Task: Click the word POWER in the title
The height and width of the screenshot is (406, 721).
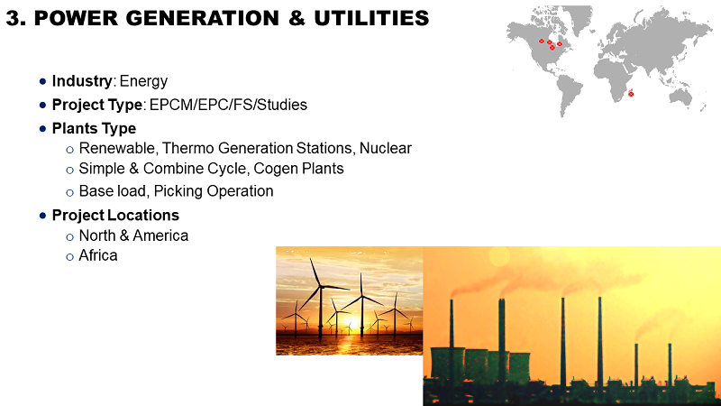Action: coord(75,18)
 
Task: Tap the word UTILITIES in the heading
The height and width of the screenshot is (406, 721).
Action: coord(371,18)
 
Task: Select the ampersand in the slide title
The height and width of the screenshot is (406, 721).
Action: coord(297,18)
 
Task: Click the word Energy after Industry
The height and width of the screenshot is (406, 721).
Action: coord(143,81)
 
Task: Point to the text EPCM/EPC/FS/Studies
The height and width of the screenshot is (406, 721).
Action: coord(229,105)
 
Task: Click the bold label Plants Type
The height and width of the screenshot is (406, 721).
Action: coord(94,128)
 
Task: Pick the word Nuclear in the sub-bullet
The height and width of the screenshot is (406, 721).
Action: coord(386,148)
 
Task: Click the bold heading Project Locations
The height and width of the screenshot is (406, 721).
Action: coord(115,216)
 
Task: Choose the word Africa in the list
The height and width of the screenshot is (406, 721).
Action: coord(98,255)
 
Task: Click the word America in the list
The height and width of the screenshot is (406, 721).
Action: coord(160,235)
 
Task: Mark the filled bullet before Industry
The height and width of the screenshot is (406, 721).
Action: coord(42,81)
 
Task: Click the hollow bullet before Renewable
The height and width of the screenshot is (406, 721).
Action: coord(70,150)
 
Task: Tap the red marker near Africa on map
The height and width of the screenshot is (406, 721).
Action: coord(631,94)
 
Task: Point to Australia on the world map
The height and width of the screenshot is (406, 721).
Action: coord(680,97)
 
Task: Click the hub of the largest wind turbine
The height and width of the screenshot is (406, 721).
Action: coord(321,286)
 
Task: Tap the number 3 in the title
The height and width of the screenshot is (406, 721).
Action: coord(13,18)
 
